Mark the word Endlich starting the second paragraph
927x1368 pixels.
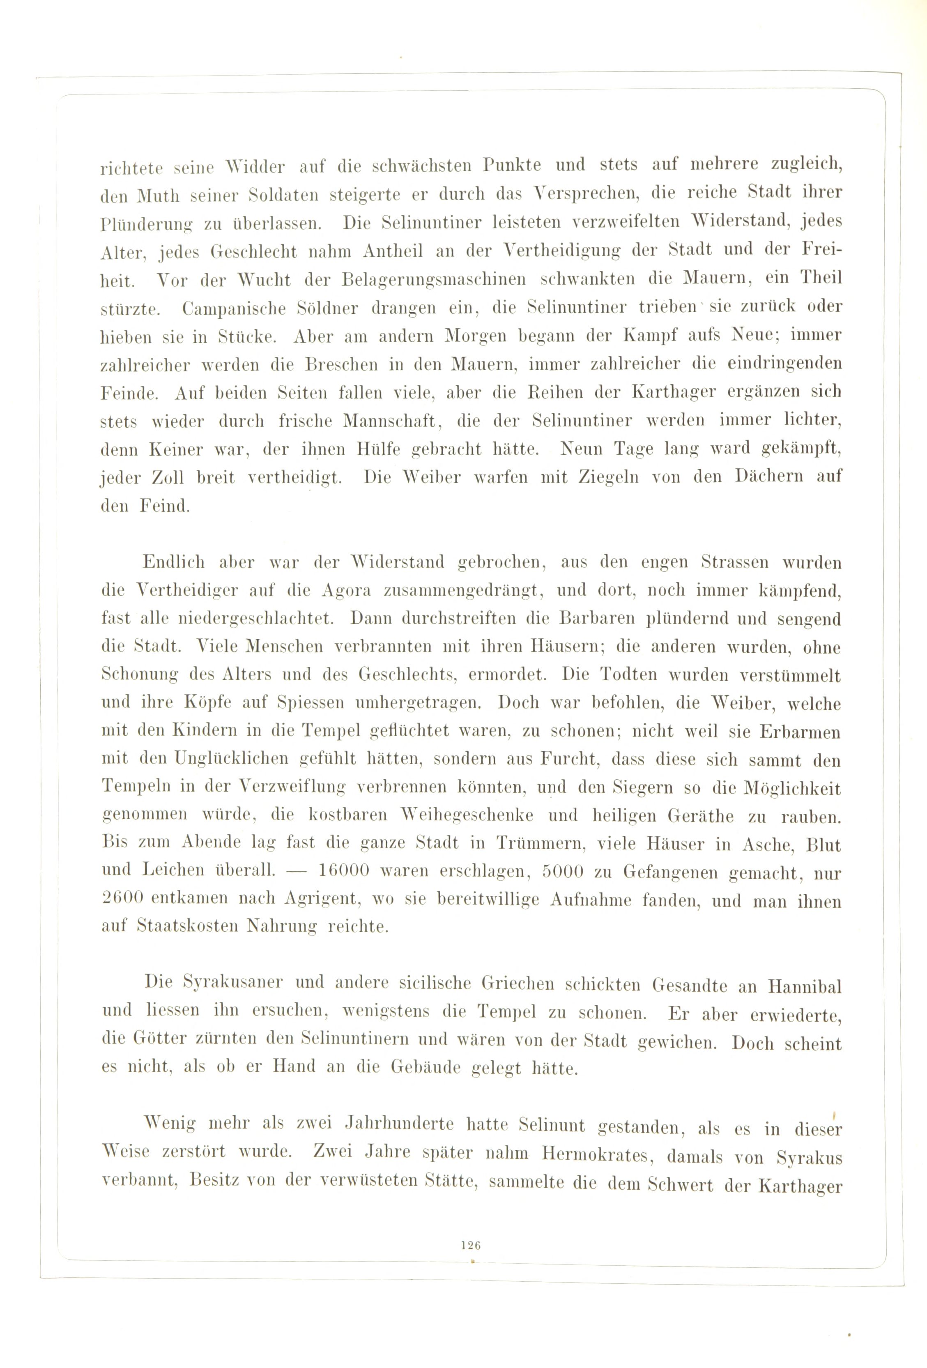[174, 562]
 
